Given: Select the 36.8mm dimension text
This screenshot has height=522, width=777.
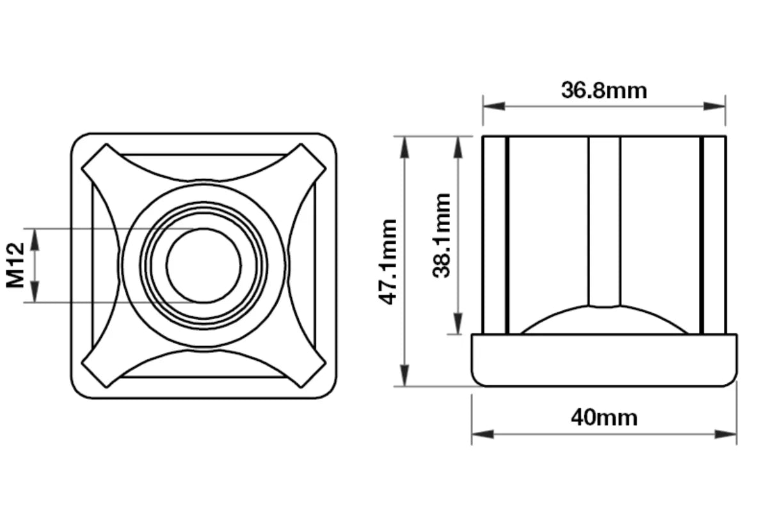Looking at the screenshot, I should tap(604, 91).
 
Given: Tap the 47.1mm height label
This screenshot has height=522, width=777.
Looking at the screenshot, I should tap(388, 262).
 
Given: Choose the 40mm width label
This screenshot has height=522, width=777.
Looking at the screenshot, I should tap(604, 418).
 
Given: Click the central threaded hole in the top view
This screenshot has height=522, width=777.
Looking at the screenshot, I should tap(204, 265).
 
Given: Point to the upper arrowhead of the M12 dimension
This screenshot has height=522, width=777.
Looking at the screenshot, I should tap(35, 236).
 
